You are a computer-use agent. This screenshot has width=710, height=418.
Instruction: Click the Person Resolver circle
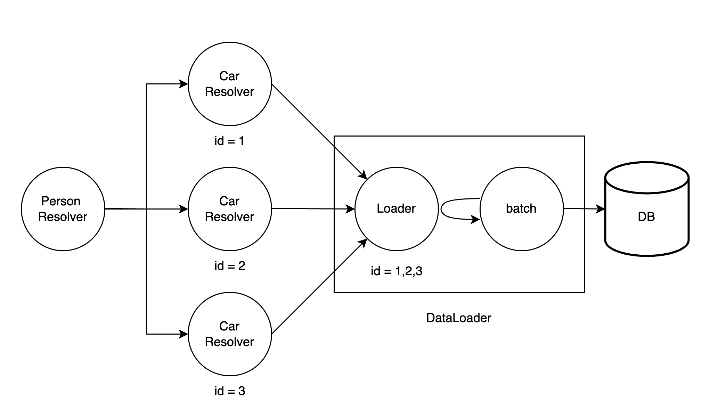coord(63,209)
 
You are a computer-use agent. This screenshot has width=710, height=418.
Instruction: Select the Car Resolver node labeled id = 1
coord(230,84)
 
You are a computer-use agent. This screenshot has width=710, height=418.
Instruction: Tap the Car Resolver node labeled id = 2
coord(230,209)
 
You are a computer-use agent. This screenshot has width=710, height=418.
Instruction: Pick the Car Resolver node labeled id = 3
coord(230,334)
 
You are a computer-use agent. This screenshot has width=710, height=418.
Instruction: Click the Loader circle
coord(397,209)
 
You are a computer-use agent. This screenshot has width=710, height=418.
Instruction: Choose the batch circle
coord(522,209)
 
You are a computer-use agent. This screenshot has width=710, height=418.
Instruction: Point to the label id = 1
coord(229,141)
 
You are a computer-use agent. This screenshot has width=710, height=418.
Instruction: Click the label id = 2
coord(230,266)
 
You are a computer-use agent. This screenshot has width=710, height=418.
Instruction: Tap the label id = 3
coord(230,391)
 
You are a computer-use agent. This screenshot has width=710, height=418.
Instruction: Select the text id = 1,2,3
coord(397,271)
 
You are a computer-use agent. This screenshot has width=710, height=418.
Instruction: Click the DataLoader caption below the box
coord(459,318)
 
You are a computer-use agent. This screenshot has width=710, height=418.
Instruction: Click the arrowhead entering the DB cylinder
coord(601,209)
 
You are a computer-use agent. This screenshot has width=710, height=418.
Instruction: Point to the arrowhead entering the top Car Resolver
coord(183,84)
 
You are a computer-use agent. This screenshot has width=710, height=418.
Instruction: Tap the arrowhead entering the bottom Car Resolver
coord(183,334)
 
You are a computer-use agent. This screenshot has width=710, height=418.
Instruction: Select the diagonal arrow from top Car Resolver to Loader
coord(318,130)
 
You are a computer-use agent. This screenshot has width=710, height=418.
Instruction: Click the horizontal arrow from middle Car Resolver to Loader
coord(313,209)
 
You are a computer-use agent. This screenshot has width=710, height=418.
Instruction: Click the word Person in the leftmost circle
coord(61,201)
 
